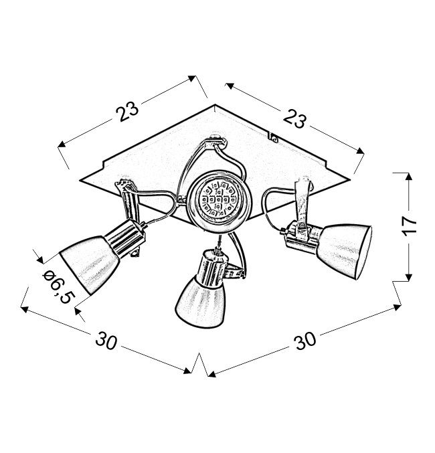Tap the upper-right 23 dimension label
294,118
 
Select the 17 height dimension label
410,226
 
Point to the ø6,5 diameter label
57,286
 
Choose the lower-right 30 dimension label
304,340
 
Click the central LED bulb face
219,199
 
